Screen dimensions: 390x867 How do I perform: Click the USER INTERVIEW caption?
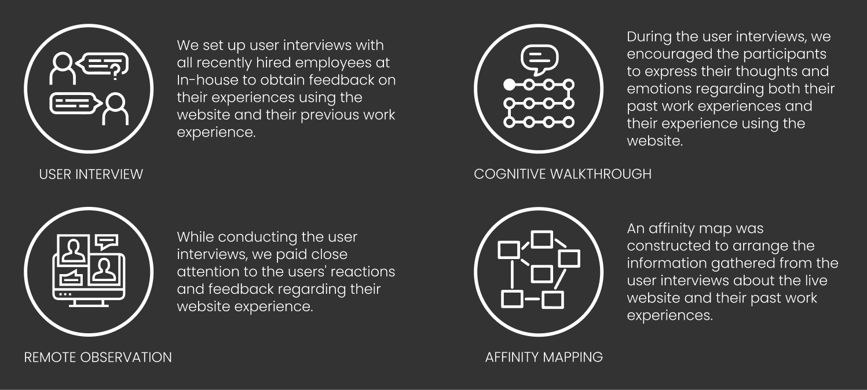pyautogui.click(x=91, y=174)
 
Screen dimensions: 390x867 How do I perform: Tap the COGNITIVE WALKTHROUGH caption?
pyautogui.click(x=562, y=173)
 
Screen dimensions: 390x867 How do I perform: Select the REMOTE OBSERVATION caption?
pyautogui.click(x=98, y=357)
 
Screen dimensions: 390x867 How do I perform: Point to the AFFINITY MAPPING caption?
pyautogui.click(x=544, y=357)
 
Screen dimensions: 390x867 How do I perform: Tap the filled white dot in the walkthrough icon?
pyautogui.click(x=509, y=85)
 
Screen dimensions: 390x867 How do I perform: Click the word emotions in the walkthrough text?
pyautogui.click(x=659, y=89)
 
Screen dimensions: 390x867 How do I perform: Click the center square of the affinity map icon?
pyautogui.click(x=542, y=273)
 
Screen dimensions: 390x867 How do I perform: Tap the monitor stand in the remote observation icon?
pyautogui.click(x=89, y=302)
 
